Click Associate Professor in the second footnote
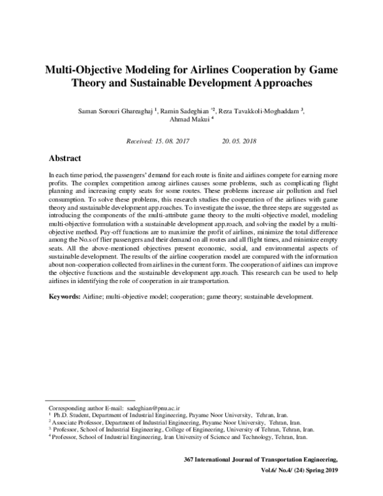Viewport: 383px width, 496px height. pos(76,422)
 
